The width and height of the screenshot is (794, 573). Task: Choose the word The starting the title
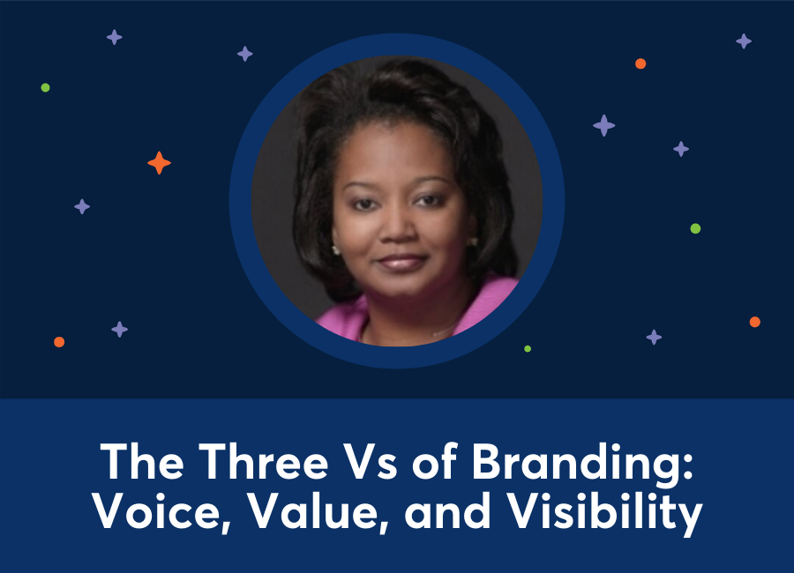[136, 462]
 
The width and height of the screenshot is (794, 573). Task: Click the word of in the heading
[425, 462]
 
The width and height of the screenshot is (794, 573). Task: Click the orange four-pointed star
[159, 163]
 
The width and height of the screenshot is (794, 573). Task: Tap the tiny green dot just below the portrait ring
[528, 349]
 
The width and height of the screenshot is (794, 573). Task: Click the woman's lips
[401, 263]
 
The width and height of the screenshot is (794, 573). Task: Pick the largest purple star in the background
[604, 125]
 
